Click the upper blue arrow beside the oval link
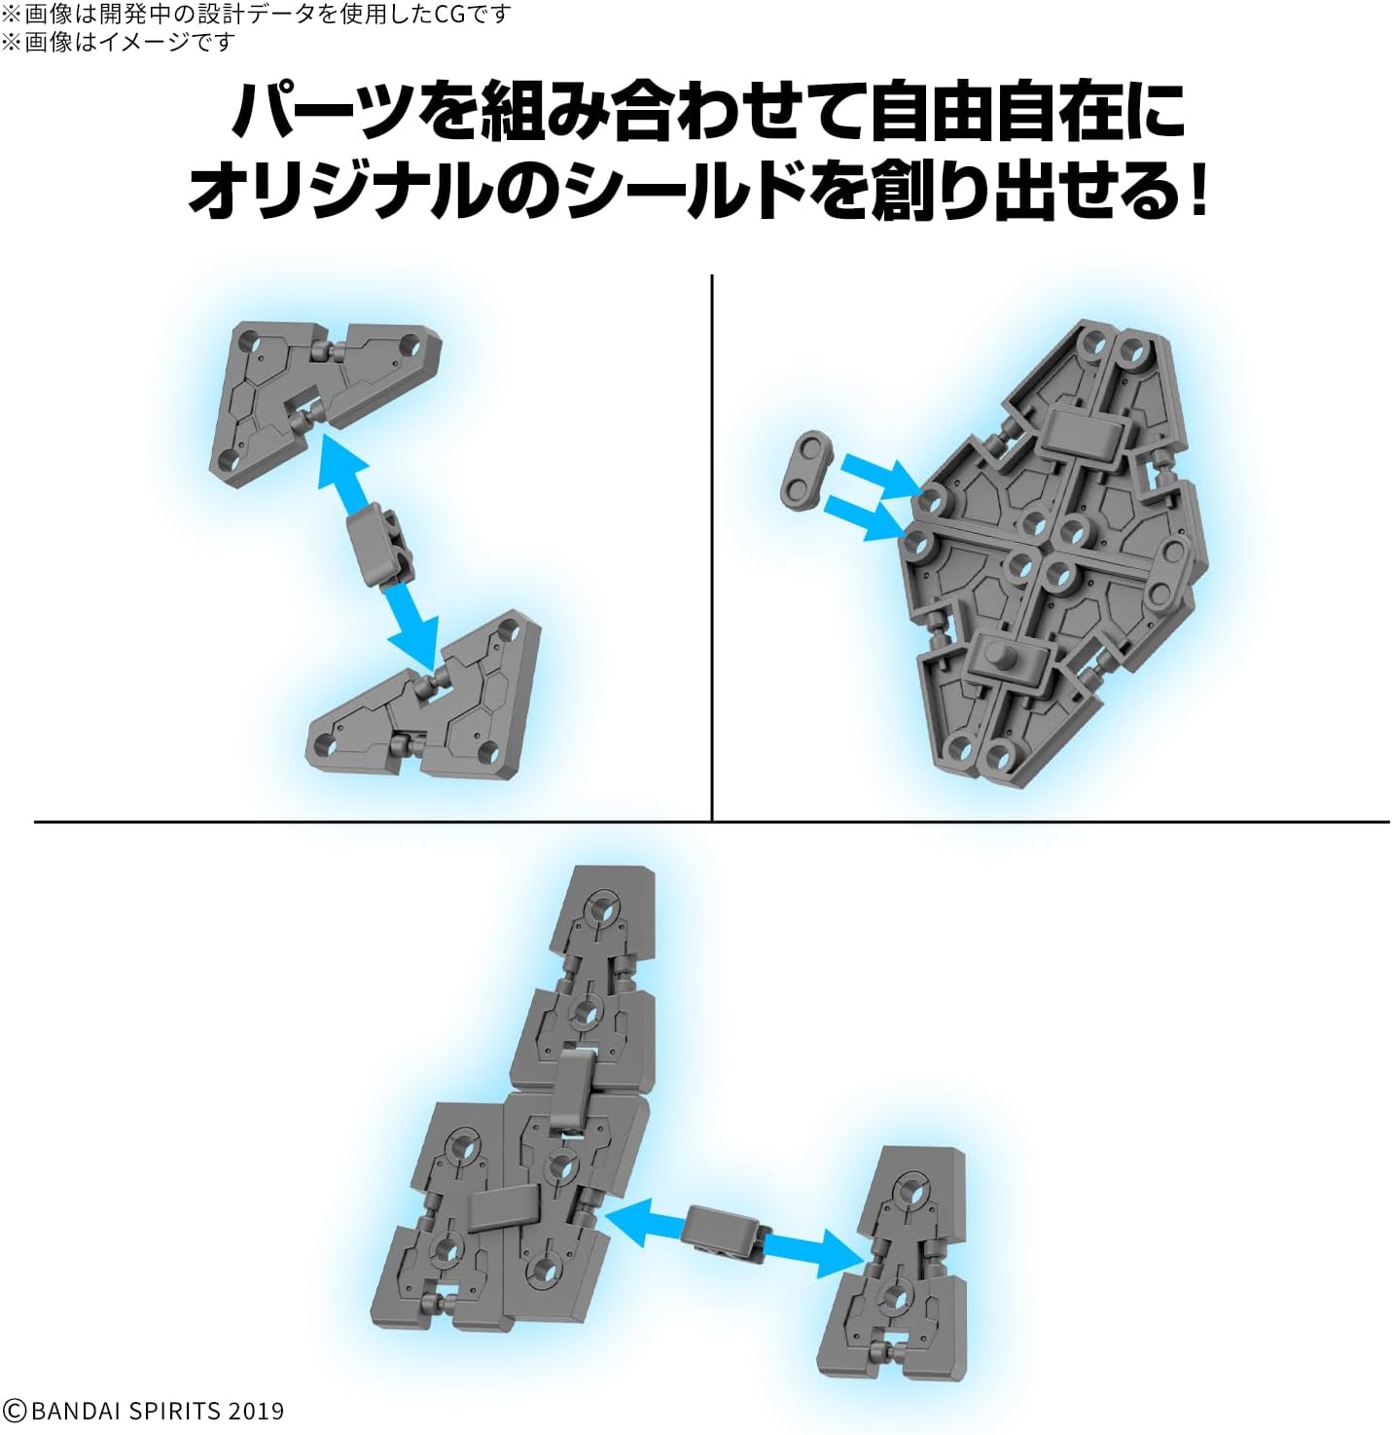pos(881,474)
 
